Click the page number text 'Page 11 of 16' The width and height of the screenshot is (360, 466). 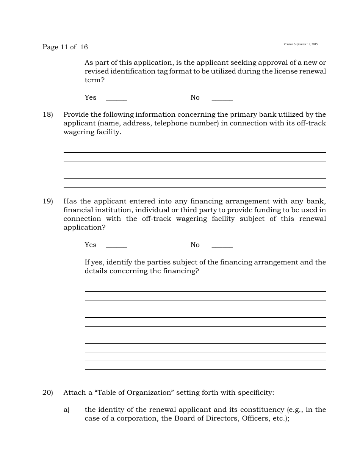pos(65,47)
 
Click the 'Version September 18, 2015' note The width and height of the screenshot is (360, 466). pos(301,44)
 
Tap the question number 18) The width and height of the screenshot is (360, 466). pos(48,114)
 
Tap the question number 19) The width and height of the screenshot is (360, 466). pos(48,201)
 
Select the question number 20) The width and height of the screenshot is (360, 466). pos(48,393)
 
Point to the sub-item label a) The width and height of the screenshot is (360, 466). pos(67,410)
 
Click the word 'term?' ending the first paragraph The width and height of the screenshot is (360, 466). pos(94,80)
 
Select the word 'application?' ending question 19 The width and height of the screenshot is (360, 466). pos(85,227)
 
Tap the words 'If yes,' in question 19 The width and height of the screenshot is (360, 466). pos(94,262)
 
